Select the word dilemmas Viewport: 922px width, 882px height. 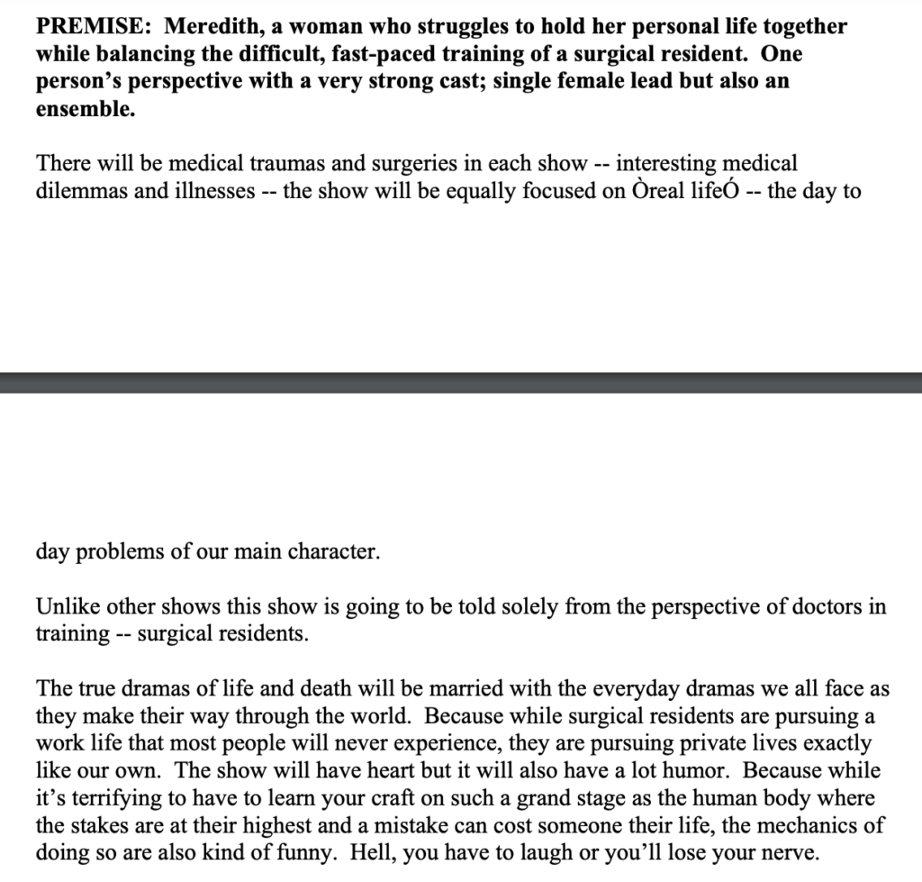click(80, 192)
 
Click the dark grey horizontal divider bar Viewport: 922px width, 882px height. click(461, 382)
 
